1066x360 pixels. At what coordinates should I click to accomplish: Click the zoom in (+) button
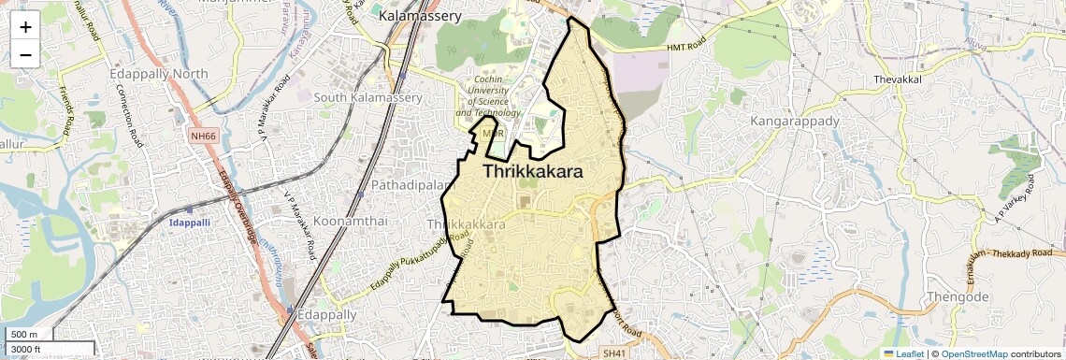point(25,27)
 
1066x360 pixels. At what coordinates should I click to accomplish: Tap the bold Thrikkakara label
point(533,172)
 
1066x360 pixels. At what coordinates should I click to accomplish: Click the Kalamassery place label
point(420,16)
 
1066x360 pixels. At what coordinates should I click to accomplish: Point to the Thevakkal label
point(898,80)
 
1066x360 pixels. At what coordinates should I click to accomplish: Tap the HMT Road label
point(691,47)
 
